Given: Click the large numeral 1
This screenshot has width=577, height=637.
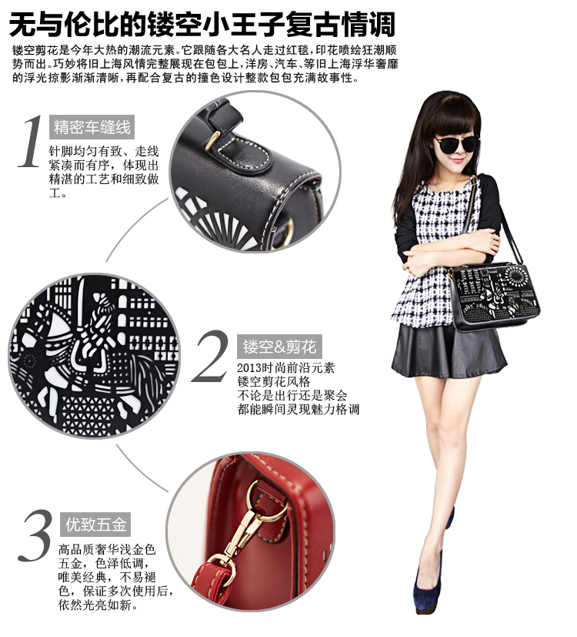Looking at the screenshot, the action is [32, 142].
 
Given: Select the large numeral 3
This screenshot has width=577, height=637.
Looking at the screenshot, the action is [35, 535].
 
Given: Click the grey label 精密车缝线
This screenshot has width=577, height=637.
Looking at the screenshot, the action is [92, 127].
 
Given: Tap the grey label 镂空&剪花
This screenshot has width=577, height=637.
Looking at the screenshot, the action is [279, 347].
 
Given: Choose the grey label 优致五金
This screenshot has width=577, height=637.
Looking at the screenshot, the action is [95, 525].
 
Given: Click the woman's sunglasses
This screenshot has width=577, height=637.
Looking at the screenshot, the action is [457, 144].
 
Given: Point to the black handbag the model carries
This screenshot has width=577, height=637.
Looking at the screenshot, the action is [494, 296].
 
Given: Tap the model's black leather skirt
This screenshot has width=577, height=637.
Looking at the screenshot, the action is [449, 350].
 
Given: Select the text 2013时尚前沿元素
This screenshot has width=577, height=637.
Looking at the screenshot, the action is [285, 367].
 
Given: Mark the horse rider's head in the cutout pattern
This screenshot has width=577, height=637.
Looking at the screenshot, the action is [101, 303].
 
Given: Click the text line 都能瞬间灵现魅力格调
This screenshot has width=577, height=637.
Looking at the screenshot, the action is [299, 409].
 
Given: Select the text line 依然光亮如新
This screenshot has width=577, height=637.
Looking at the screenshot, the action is [98, 605].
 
